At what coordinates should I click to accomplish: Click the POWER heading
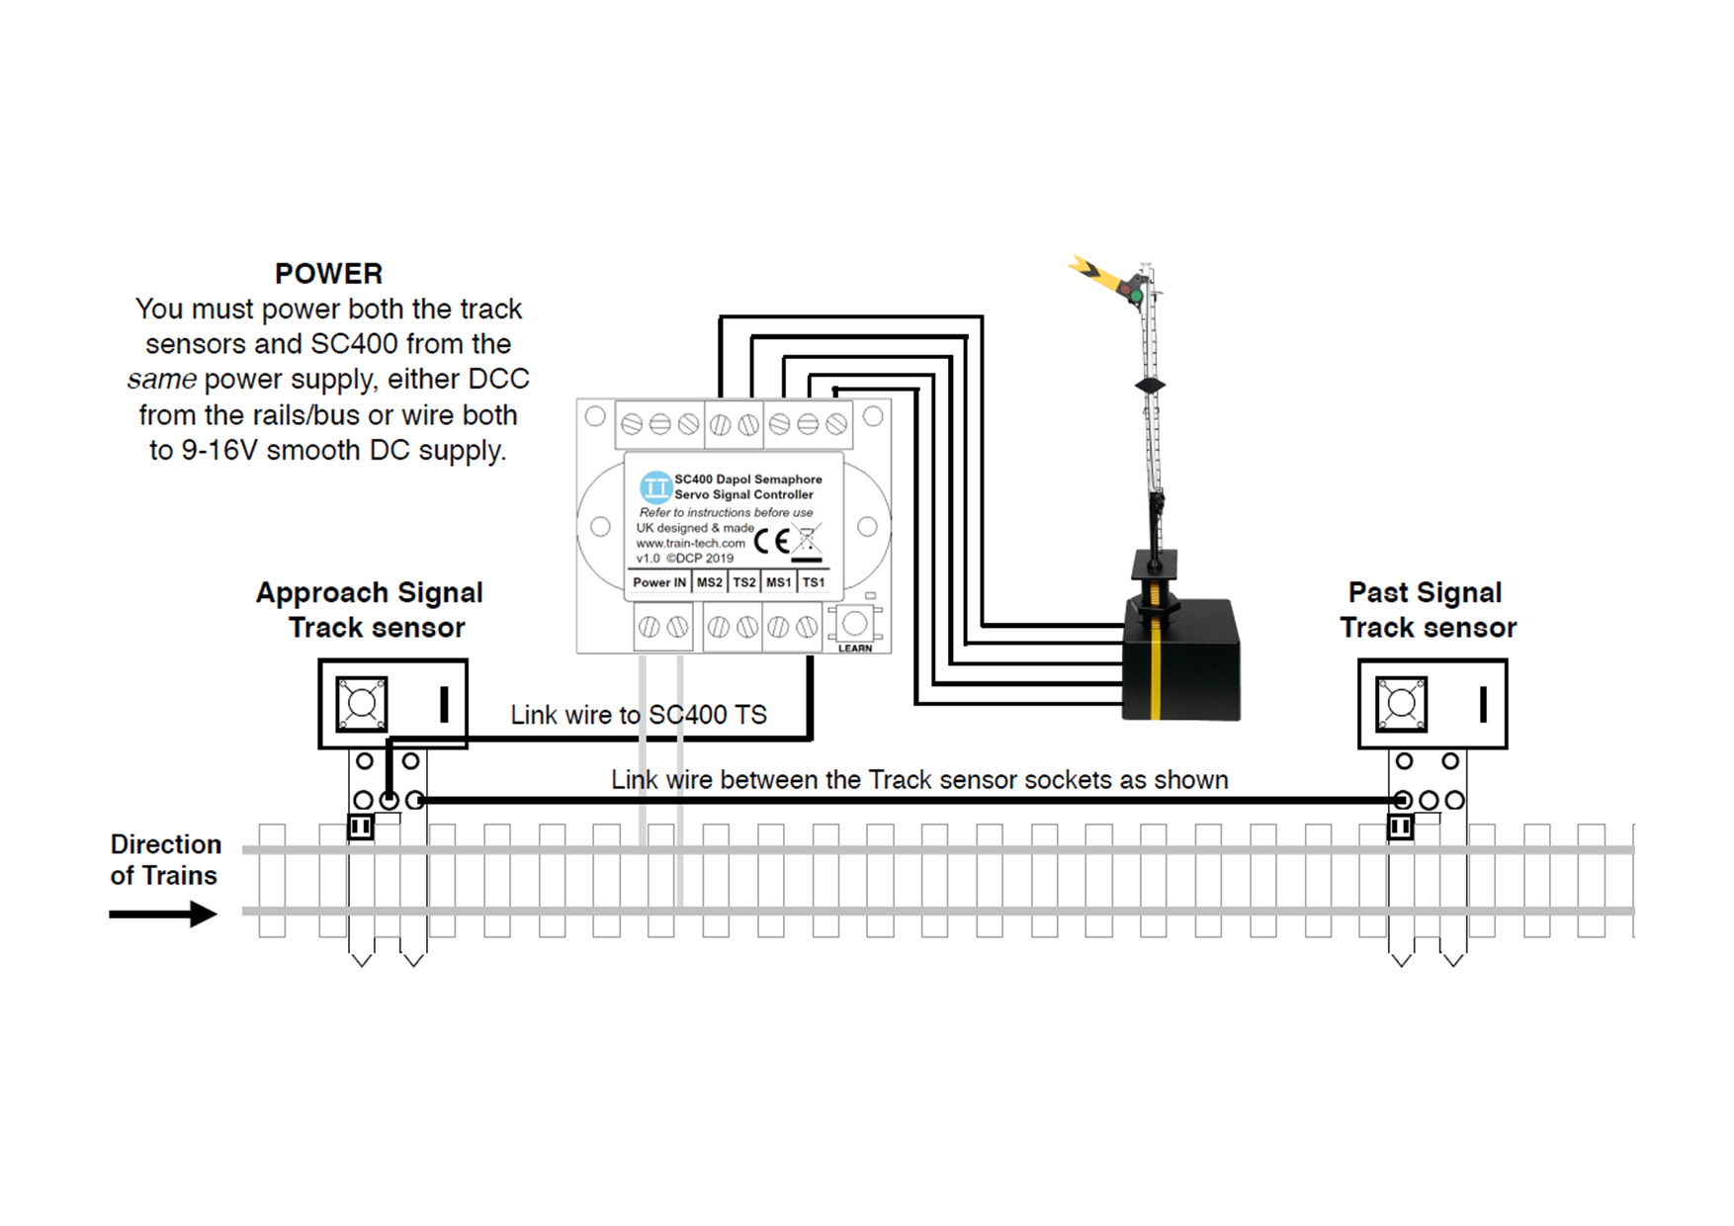pos(328,274)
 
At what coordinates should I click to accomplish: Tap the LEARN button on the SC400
pos(854,625)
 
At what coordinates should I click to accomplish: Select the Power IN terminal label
pos(658,582)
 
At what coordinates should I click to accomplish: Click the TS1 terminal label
pos(814,582)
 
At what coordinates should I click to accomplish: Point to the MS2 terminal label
pos(709,582)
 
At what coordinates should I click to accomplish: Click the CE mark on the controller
pos(772,541)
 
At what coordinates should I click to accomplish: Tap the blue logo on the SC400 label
pos(654,486)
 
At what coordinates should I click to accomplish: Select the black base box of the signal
pos(1181,660)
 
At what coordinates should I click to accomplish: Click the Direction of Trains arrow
pos(163,914)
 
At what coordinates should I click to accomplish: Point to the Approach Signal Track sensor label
pos(370,609)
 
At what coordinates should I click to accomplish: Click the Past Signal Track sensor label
pos(1427,609)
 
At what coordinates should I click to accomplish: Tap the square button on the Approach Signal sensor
pos(362,704)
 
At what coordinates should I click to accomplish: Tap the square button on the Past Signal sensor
pos(1401,704)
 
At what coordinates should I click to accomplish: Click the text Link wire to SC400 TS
pos(638,715)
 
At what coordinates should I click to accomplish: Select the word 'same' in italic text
pos(161,380)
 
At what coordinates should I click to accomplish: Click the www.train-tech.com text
pos(690,543)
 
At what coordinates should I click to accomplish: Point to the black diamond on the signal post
pos(1150,385)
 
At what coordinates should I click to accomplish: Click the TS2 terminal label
pos(743,582)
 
